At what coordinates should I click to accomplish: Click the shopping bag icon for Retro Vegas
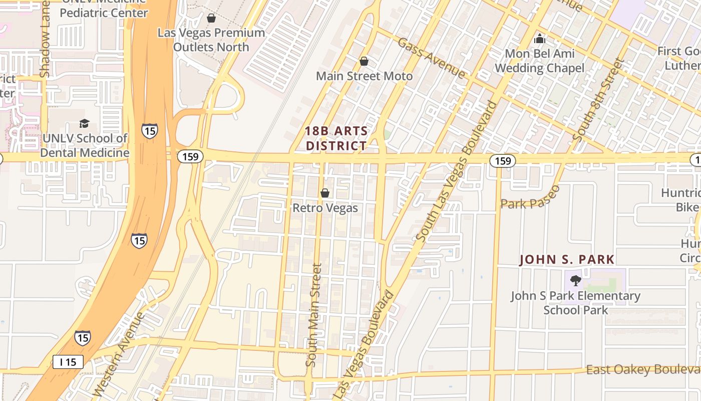325,193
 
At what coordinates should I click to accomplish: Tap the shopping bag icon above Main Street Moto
364,62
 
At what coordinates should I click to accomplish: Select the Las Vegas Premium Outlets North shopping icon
211,19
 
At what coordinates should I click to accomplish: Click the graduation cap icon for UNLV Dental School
85,123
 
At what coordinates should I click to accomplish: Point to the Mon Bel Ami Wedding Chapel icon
540,38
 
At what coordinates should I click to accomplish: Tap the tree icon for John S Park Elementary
575,281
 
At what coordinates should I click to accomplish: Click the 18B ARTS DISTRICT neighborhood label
336,139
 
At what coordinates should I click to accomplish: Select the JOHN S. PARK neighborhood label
567,260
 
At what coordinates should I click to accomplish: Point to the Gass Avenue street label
431,58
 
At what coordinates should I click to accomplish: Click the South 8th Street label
599,99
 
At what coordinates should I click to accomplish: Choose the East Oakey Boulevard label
643,370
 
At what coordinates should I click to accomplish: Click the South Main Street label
313,316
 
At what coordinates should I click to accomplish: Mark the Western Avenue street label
119,353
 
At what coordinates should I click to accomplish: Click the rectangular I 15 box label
68,361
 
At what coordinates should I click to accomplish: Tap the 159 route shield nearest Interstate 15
190,156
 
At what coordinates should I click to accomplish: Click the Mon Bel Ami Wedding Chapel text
539,61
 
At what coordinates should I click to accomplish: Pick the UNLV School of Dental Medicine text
85,145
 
